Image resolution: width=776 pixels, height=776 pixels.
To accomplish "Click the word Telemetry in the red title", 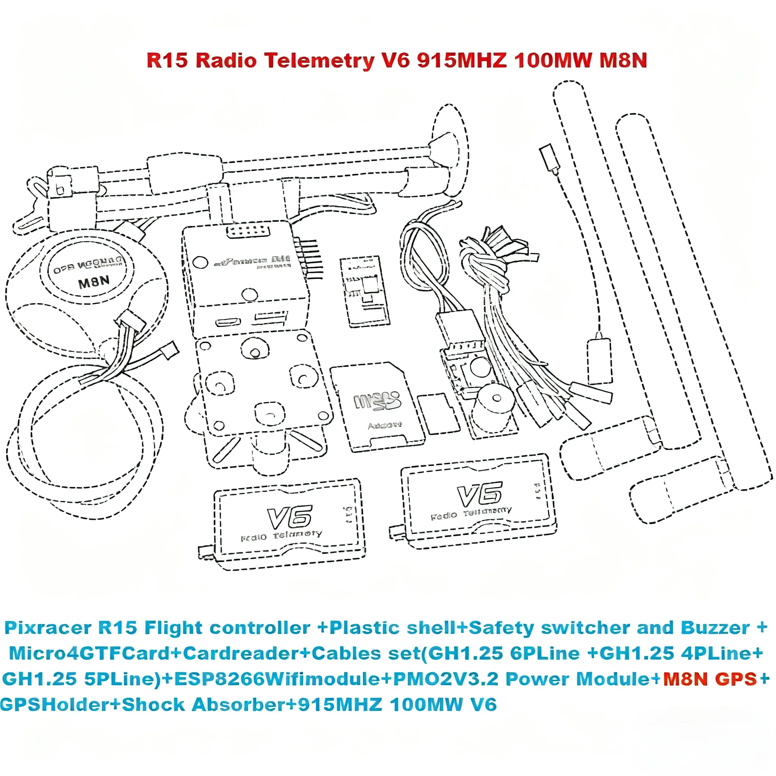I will click(x=319, y=61).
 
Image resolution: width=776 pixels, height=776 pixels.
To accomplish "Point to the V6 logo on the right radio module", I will click(x=480, y=494).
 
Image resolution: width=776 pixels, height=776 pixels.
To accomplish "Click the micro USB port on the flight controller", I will click(x=228, y=322).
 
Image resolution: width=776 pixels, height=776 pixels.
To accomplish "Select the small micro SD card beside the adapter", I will click(x=439, y=414).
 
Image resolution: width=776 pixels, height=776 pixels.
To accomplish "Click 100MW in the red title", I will click(x=553, y=61).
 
